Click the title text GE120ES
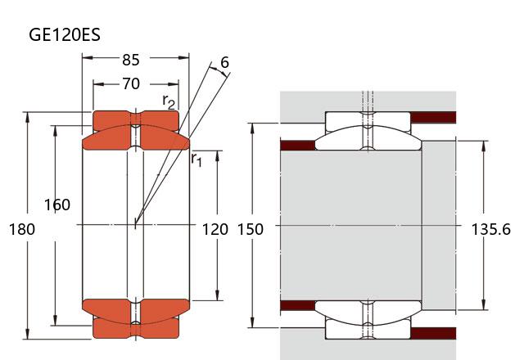[x=65, y=34]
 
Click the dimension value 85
[x=130, y=59]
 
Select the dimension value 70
[x=130, y=83]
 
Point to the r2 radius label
[x=169, y=101]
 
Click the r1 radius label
[x=196, y=159]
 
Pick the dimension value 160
[x=57, y=205]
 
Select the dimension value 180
[x=22, y=229]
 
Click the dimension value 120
[x=215, y=229]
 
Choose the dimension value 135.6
[x=491, y=229]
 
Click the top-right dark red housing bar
[x=432, y=117]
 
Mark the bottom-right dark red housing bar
[x=432, y=333]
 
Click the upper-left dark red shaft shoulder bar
[x=298, y=145]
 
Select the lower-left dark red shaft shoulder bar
[x=298, y=306]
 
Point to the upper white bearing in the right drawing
[x=368, y=130]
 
